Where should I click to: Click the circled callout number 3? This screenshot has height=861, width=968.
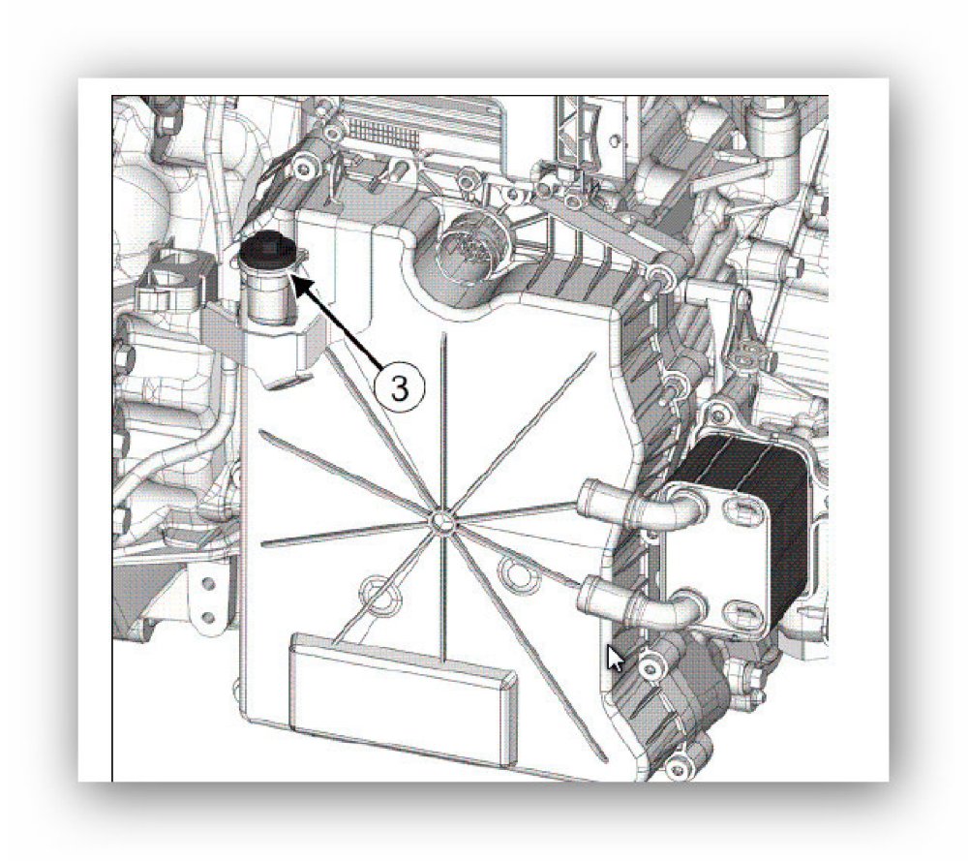(x=400, y=387)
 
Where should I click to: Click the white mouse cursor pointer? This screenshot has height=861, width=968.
(x=614, y=658)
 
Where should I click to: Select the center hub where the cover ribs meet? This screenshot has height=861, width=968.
(x=439, y=522)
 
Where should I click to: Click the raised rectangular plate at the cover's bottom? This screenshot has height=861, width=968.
(x=403, y=696)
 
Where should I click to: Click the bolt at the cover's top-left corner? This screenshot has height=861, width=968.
(x=303, y=167)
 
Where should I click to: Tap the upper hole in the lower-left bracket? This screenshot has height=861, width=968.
(x=208, y=583)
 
